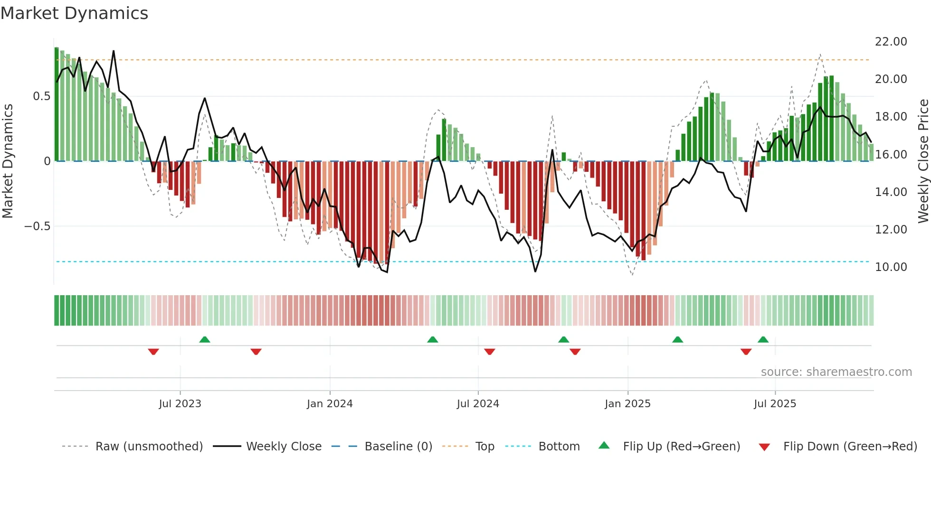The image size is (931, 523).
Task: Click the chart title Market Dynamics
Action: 74,13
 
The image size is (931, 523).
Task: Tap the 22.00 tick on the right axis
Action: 891,42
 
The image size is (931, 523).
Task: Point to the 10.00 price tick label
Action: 891,267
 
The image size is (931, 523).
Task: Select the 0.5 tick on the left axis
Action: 41,96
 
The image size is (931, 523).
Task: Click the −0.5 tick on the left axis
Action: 37,226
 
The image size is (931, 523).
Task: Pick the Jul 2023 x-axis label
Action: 180,404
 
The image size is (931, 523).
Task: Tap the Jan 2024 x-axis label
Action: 330,404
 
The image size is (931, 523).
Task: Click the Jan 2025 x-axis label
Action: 627,404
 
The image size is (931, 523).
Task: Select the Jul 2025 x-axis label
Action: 775,404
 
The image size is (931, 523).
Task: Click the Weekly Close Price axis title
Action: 923,161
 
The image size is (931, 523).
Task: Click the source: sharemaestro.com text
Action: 836,372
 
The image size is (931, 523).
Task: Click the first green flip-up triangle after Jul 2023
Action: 205,340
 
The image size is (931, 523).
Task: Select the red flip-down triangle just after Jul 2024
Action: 490,352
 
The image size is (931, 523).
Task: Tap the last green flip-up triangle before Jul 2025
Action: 763,340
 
